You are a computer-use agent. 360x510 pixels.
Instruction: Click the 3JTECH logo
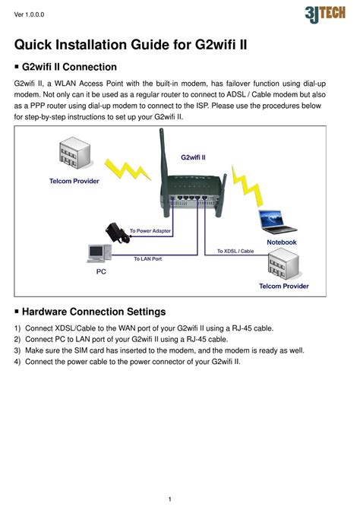[x=325, y=14]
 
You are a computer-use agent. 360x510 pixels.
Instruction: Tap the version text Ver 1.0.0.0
[x=29, y=14]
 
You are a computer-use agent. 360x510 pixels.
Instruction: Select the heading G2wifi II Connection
[x=69, y=67]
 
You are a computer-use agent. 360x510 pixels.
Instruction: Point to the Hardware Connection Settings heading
[x=93, y=312]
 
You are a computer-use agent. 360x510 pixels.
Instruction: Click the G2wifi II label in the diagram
[x=193, y=157]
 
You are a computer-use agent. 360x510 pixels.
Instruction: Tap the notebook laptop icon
[x=276, y=222]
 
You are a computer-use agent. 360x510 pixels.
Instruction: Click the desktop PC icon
[x=99, y=253]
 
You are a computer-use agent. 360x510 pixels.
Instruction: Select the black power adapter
[x=117, y=233]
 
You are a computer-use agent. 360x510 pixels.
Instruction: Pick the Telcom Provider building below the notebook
[x=283, y=264]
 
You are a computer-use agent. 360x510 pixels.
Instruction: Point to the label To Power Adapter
[x=150, y=231]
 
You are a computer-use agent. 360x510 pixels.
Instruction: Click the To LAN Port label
[x=148, y=259]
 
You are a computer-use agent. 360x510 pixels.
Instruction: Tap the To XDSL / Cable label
[x=235, y=251]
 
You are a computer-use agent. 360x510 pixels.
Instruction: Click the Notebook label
[x=282, y=242]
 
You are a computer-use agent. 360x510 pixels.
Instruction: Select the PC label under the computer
[x=101, y=271]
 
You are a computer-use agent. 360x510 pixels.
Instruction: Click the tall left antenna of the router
[x=164, y=173]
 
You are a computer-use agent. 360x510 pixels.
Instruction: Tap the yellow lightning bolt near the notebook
[x=247, y=186]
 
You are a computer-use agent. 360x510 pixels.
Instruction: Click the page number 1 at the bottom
[x=170, y=499]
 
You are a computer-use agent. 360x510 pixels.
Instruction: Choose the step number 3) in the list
[x=17, y=350]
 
